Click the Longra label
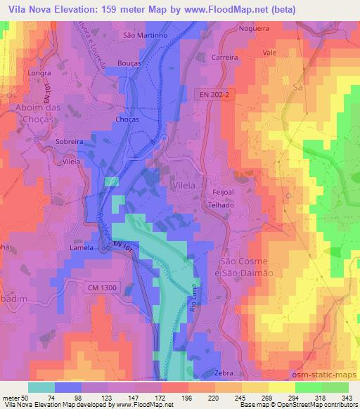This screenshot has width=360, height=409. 37,72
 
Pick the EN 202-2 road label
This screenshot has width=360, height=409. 212,93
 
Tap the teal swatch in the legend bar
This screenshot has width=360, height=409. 41,387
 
